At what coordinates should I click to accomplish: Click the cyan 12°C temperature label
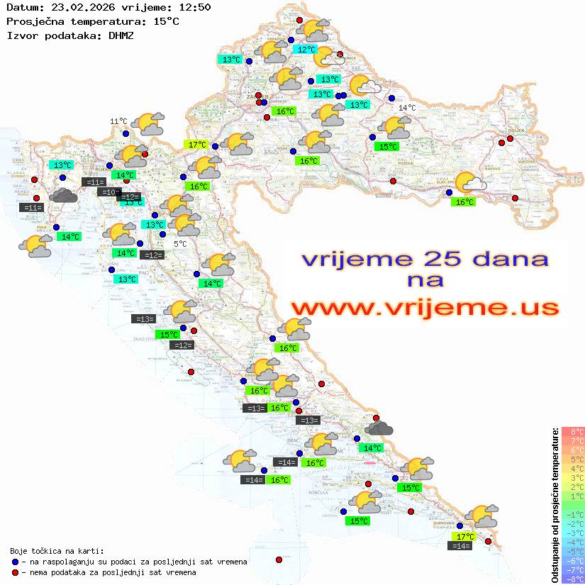click(306, 50)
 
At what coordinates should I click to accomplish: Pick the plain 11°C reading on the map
click(118, 122)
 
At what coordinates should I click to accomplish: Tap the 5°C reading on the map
click(181, 244)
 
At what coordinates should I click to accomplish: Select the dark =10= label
click(109, 192)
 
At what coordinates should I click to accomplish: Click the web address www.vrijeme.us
click(424, 308)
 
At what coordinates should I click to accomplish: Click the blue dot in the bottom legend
click(15, 562)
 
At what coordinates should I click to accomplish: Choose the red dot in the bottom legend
click(15, 572)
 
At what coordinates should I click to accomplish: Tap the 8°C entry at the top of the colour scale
click(573, 432)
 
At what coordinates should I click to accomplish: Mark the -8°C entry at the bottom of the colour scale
click(573, 579)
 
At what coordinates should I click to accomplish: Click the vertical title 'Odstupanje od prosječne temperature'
click(555, 504)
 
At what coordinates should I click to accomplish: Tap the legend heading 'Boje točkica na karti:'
click(57, 551)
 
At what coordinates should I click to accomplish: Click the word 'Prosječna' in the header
click(35, 21)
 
